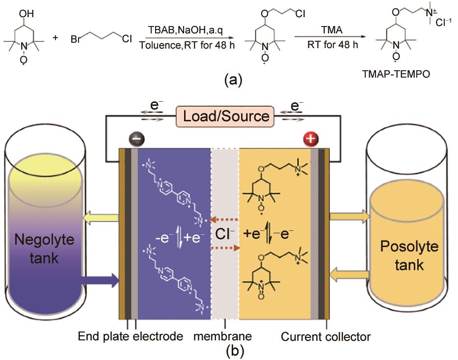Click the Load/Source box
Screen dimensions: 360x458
226,116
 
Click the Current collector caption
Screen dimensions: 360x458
325,337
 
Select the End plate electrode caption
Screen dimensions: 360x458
131,337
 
